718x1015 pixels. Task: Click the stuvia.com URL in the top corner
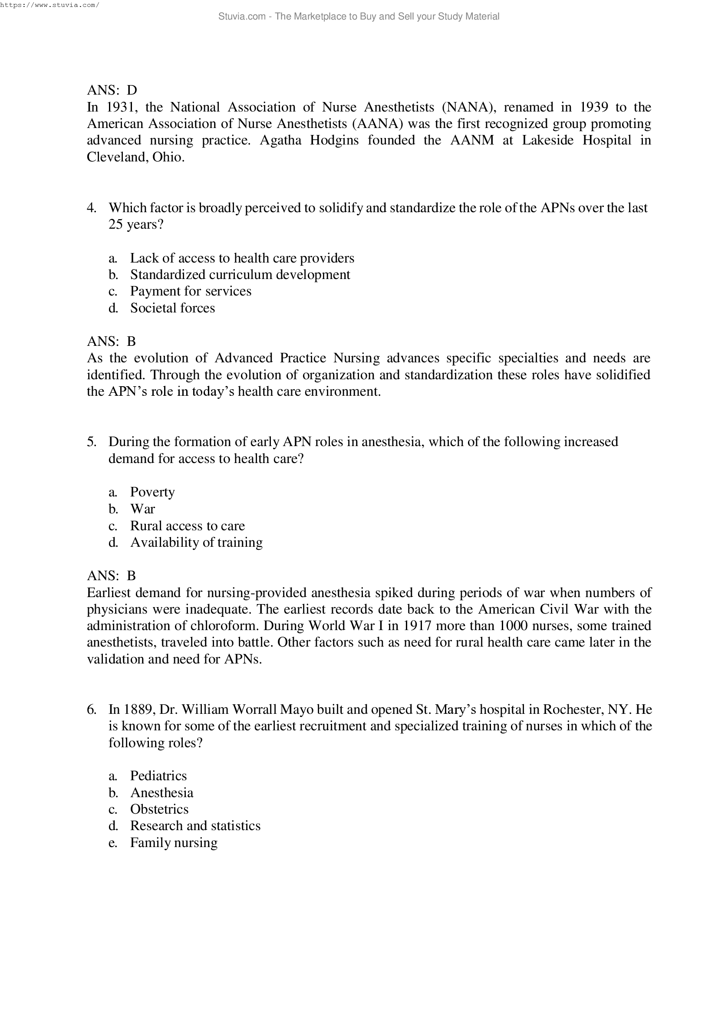coord(49,5)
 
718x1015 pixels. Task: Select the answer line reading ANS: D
coord(112,90)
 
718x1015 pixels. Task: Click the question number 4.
coord(92,208)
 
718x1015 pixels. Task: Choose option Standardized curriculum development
coord(240,275)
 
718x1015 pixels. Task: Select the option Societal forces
coord(172,308)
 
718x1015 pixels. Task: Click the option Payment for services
coord(191,291)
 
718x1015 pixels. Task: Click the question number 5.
coord(92,442)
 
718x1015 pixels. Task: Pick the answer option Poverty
coord(152,492)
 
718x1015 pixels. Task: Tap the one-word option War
coord(142,509)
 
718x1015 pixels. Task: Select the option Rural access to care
coord(187,526)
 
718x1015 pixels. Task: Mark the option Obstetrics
coord(159,809)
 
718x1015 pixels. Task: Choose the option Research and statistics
coord(195,826)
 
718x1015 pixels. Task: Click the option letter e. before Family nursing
coord(113,843)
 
